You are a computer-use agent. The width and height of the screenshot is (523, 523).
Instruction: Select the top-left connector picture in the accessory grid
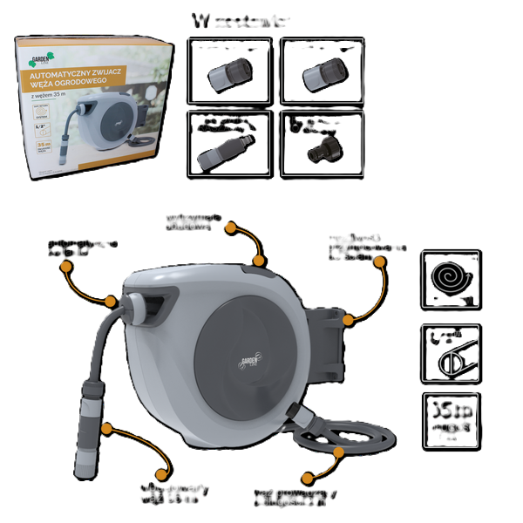click(230, 73)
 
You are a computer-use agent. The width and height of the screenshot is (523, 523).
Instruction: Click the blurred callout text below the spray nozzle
click(174, 495)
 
